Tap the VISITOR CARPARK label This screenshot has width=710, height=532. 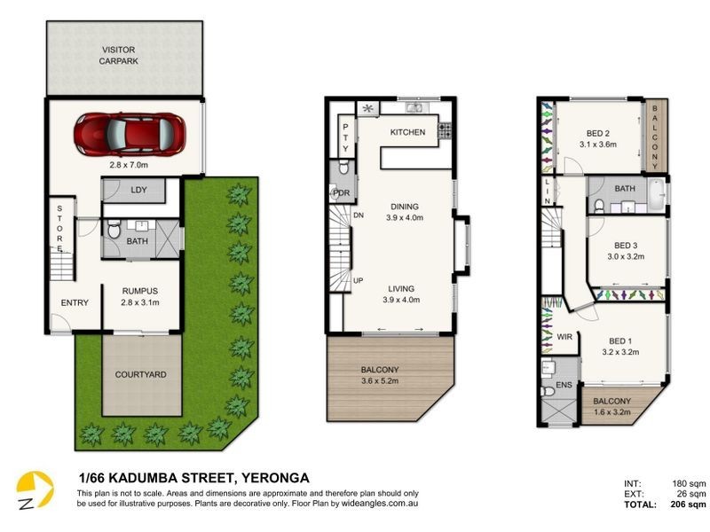120,56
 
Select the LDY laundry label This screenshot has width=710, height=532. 138,190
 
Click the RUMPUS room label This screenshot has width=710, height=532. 139,289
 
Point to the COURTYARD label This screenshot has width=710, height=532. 140,374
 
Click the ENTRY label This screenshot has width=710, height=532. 75,303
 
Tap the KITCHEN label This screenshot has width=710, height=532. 407,132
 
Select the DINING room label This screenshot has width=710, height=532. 404,207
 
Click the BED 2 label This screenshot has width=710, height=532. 596,132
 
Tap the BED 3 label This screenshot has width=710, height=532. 627,246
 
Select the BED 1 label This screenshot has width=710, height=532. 622,340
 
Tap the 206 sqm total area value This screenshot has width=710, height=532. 690,505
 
